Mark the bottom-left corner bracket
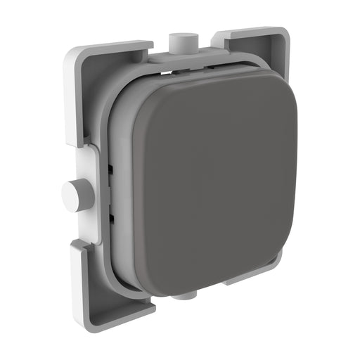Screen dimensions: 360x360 105,281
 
